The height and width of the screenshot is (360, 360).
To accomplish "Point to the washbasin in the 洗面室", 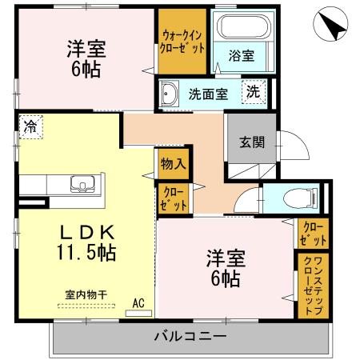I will (x=170, y=95).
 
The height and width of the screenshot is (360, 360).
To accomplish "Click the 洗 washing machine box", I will (x=254, y=91).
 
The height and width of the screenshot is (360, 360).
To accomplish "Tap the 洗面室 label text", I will (x=208, y=93).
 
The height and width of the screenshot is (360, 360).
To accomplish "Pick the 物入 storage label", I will (x=173, y=163).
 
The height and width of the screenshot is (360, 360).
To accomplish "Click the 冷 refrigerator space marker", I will (x=30, y=126).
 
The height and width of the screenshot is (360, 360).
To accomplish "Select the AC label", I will (x=138, y=303).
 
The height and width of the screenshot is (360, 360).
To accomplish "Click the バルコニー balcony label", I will (x=190, y=336).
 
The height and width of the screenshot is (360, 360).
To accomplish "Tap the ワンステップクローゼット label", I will (x=312, y=286).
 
